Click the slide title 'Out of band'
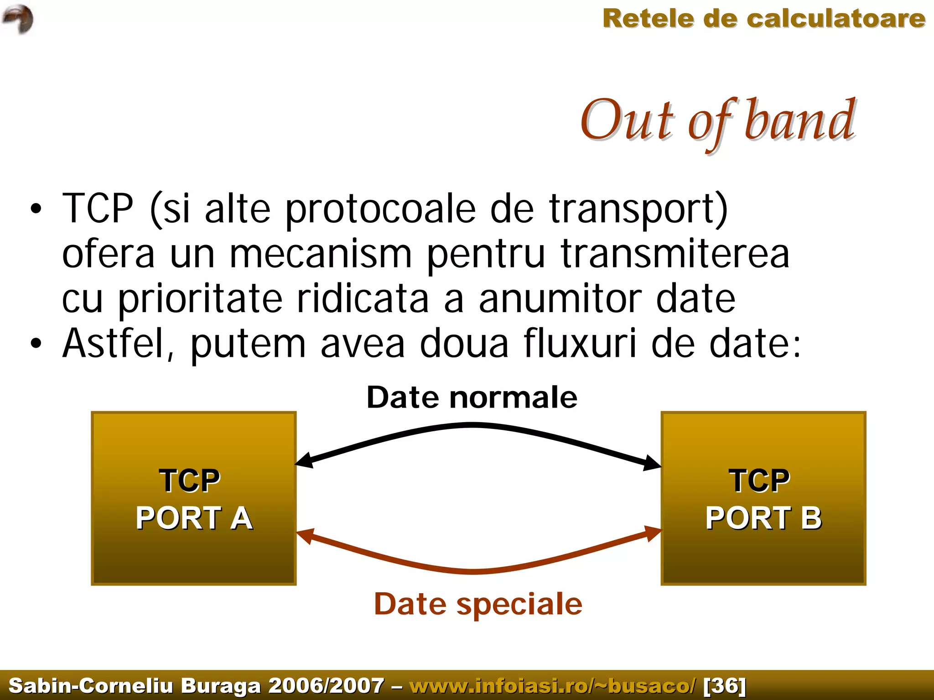(x=717, y=121)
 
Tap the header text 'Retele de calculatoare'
(x=763, y=19)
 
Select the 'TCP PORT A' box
(x=194, y=498)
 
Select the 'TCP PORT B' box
(x=763, y=498)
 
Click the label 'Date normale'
(x=472, y=397)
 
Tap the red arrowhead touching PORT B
(x=652, y=533)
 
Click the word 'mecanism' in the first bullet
(x=320, y=254)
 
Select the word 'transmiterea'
(x=675, y=254)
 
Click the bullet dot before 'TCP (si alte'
(x=36, y=209)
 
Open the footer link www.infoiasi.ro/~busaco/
(x=552, y=685)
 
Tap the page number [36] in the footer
(x=725, y=685)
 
